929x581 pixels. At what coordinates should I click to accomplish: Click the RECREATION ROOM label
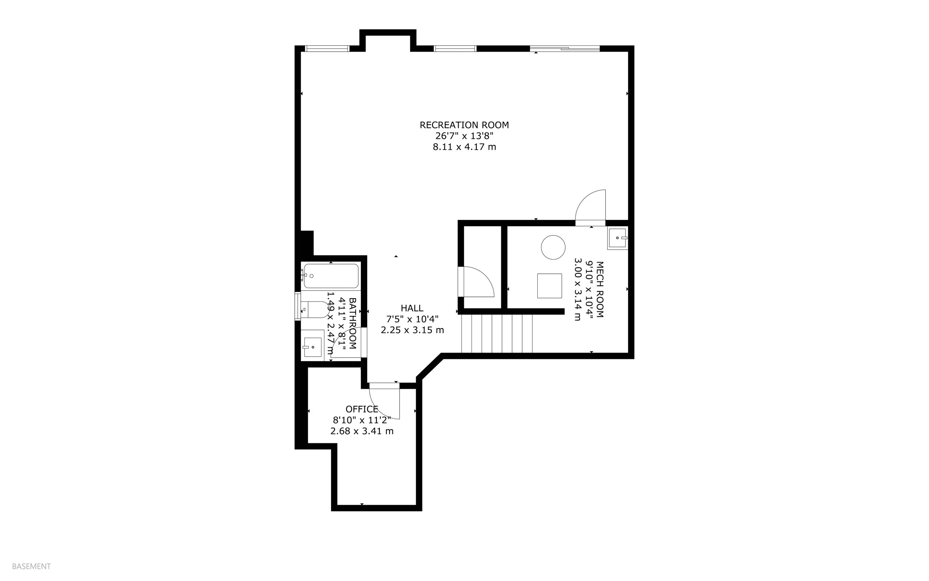pyautogui.click(x=464, y=125)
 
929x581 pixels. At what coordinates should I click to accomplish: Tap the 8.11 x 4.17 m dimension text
pyautogui.click(x=464, y=147)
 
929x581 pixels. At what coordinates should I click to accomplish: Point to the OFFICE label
pyautogui.click(x=362, y=409)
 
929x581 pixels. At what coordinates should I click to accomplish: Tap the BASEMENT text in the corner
pyautogui.click(x=32, y=566)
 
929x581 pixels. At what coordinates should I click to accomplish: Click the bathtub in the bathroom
pyautogui.click(x=330, y=276)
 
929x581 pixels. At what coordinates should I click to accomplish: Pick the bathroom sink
pyautogui.click(x=313, y=347)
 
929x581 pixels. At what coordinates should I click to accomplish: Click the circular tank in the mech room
pyautogui.click(x=553, y=247)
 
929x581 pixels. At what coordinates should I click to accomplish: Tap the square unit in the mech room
pyautogui.click(x=549, y=286)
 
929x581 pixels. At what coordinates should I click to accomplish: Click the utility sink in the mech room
pyautogui.click(x=617, y=238)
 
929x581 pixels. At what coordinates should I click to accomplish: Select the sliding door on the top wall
pyautogui.click(x=564, y=49)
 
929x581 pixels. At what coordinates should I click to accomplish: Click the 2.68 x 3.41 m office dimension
pyautogui.click(x=362, y=431)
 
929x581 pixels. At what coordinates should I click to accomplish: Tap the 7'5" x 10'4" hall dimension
pyautogui.click(x=412, y=319)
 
